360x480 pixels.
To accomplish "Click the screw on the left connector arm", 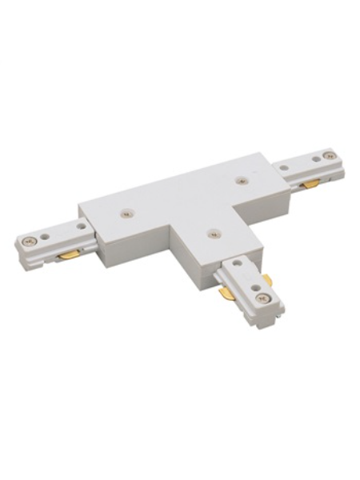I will [x=30, y=239].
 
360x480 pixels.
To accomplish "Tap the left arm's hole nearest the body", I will [x=67, y=228].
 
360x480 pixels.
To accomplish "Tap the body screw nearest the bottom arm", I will [x=211, y=234].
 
